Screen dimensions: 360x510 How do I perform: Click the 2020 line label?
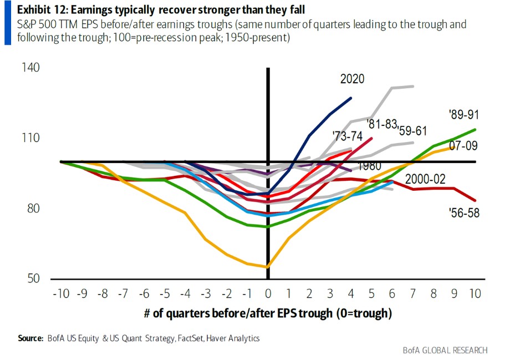coord(352,79)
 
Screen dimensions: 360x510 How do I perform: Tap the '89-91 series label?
coord(463,115)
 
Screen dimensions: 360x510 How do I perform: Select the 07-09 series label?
coord(463,146)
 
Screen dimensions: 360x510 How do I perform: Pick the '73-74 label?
coord(348,135)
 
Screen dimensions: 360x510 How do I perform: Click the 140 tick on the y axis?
coord(31,68)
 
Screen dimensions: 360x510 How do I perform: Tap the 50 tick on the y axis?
coord(34,278)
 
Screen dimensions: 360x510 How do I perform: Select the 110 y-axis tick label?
coord(31,138)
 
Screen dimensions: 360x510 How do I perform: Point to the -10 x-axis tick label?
coord(60,292)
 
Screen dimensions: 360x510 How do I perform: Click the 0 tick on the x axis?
coord(268,292)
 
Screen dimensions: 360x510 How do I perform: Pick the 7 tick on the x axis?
coord(413,292)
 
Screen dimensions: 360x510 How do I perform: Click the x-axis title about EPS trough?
coord(268,313)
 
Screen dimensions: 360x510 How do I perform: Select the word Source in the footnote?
coord(30,338)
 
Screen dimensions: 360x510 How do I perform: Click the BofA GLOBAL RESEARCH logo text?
coord(445,350)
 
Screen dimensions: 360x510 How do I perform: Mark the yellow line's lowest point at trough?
coord(268,267)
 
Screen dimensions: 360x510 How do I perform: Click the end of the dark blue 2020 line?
coord(351,98)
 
